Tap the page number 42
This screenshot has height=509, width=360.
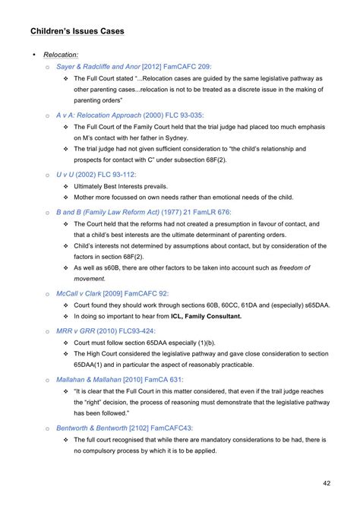click(327, 482)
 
